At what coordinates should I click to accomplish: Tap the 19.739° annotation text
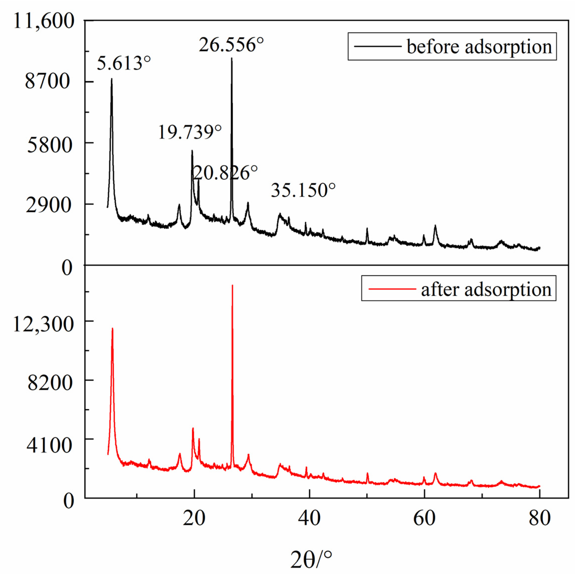(190, 132)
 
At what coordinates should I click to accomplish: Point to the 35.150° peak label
(303, 190)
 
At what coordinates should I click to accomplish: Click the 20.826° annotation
(225, 173)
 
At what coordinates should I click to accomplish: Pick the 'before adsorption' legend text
(479, 47)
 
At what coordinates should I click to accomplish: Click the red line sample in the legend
(392, 289)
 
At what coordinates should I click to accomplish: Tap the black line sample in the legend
(378, 46)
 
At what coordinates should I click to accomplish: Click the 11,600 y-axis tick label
(44, 21)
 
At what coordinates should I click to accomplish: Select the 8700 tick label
(48, 82)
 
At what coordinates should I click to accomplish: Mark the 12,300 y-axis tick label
(44, 324)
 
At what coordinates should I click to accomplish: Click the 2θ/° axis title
(311, 559)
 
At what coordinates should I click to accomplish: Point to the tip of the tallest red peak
(232, 285)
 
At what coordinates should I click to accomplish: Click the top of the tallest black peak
(231, 58)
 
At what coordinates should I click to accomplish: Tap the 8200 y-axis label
(50, 383)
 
